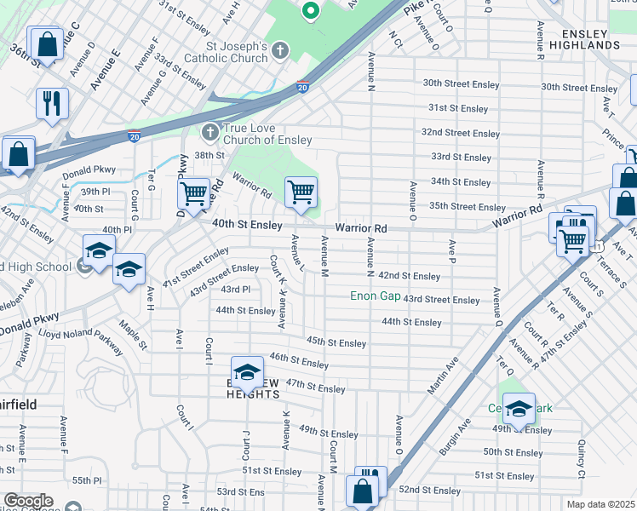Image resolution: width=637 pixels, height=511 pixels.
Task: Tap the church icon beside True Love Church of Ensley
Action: click(209, 133)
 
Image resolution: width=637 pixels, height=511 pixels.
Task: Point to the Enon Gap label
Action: click(376, 296)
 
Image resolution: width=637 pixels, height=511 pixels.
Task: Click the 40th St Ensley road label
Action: click(247, 224)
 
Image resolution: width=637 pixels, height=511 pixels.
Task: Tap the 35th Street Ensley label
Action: click(467, 207)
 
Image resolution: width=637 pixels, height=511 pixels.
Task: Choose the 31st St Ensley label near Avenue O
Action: click(458, 109)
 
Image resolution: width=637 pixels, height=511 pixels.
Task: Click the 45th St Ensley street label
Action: click(336, 342)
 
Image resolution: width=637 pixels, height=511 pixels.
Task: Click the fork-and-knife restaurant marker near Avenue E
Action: click(52, 104)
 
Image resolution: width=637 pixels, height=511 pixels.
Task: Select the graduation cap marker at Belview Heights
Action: click(247, 371)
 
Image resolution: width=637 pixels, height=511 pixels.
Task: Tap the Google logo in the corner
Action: click(27, 501)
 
